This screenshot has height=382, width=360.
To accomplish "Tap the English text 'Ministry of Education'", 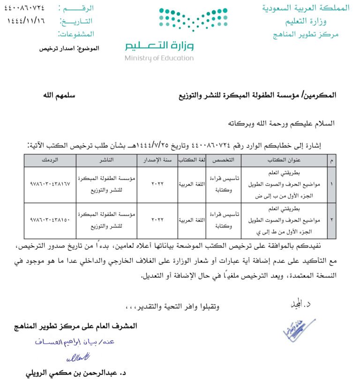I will coord(159,58).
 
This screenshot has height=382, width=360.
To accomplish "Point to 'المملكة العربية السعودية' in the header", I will coord(306,8).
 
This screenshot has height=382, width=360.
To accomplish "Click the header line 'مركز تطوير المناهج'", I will coord(306,34).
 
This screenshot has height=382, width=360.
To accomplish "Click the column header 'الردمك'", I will coord(50,160).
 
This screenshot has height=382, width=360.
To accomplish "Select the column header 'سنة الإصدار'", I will coord(157,160).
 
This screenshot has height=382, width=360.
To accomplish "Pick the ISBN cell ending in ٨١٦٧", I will coord(50,184).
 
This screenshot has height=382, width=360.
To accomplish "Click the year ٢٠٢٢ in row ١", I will coord(157,184).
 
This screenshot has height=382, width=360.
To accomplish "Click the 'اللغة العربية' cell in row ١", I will coord(192,184).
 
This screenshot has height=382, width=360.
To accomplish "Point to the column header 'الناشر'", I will coord(106,160).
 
